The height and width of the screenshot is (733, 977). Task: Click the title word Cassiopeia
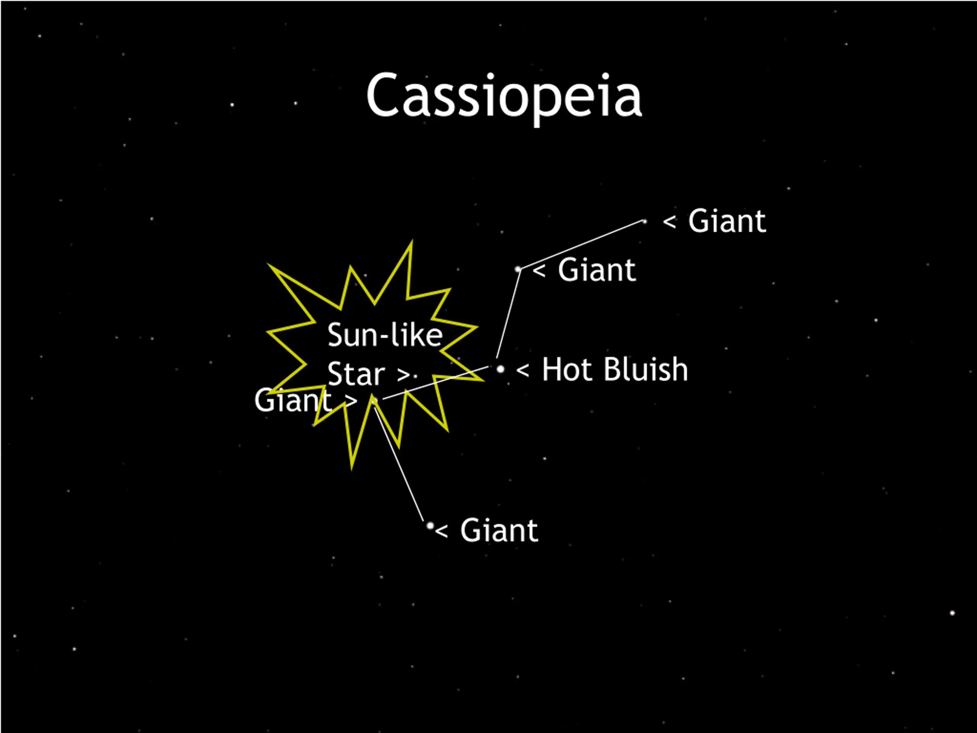point(503,96)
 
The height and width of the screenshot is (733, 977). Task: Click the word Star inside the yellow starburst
point(356,374)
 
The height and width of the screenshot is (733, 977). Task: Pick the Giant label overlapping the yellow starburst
point(293,400)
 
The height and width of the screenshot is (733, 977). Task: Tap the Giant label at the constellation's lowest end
point(499,530)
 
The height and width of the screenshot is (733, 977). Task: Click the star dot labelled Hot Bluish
point(500,368)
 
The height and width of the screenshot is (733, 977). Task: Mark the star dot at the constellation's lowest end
point(430,525)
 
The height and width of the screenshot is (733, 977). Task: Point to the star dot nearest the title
point(645,221)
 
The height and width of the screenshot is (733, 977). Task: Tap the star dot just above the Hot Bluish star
point(518,269)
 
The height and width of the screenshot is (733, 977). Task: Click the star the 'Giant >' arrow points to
point(374,400)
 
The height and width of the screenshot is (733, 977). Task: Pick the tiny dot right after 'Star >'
point(416,376)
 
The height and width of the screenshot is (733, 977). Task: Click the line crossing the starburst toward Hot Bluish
point(435,383)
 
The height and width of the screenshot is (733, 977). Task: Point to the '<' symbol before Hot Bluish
point(522,370)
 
